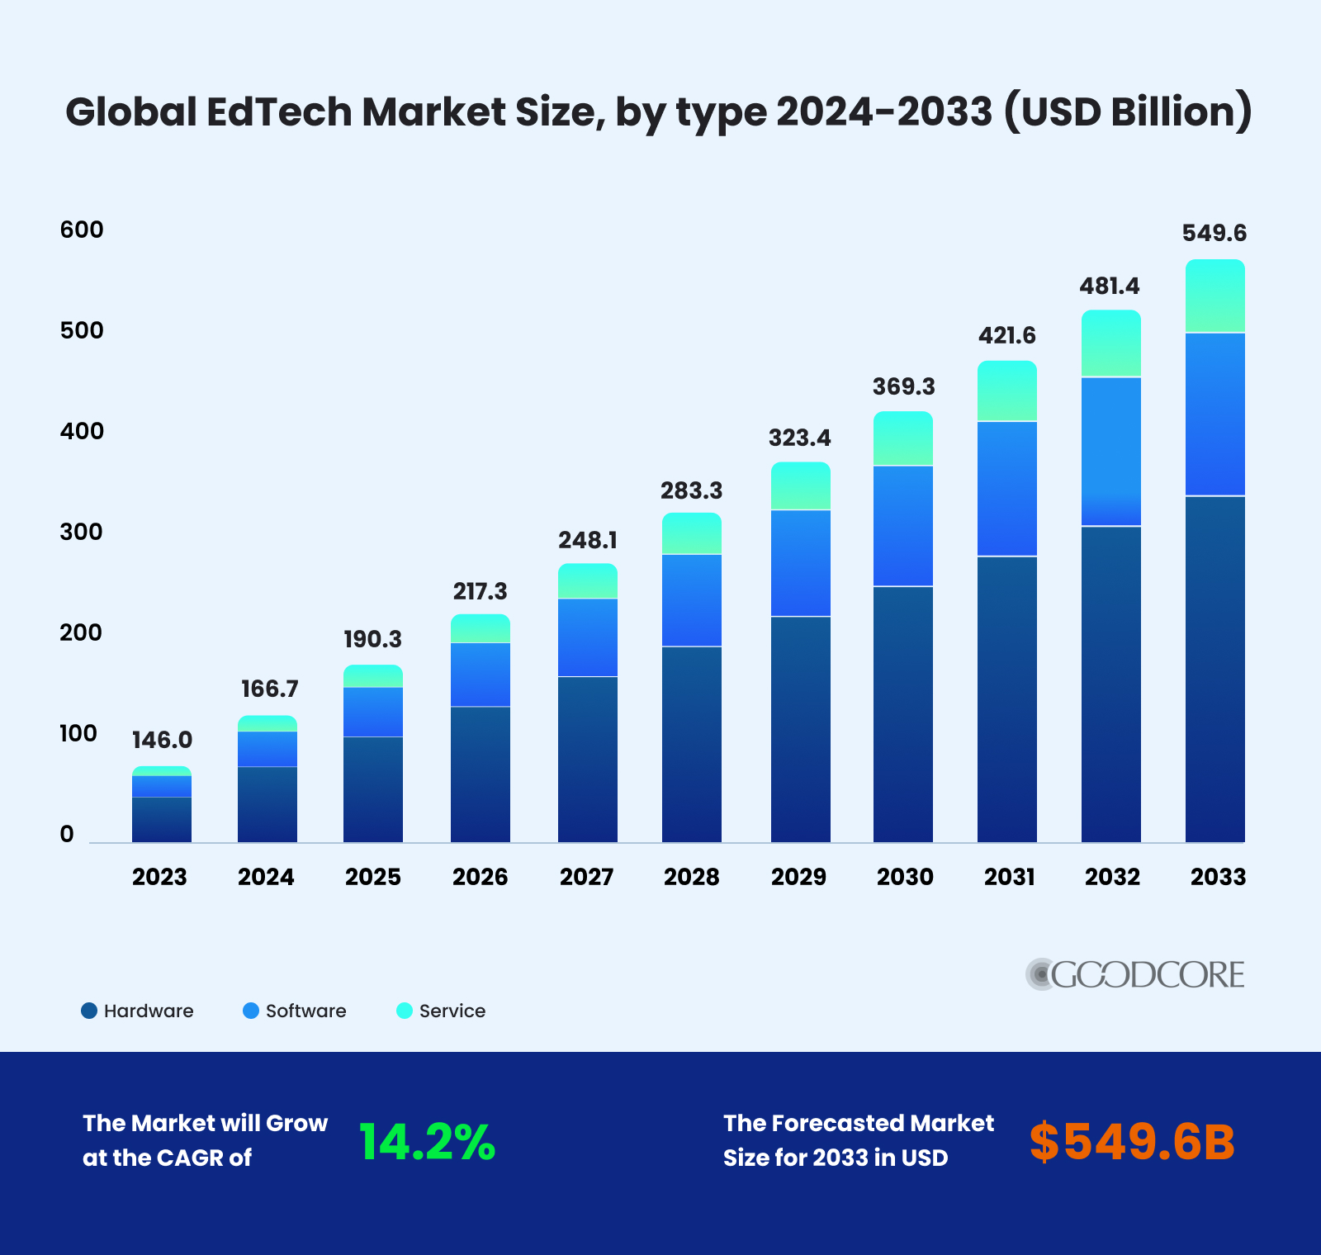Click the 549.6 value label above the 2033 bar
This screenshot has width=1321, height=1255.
pyautogui.click(x=1214, y=234)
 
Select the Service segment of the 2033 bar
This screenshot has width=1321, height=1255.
pyautogui.click(x=1214, y=296)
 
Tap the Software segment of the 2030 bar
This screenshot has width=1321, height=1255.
pyautogui.click(x=903, y=526)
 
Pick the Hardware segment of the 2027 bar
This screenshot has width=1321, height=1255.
pyautogui.click(x=588, y=759)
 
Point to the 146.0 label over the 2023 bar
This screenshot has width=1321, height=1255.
pyautogui.click(x=162, y=740)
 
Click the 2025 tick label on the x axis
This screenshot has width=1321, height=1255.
pyautogui.click(x=373, y=877)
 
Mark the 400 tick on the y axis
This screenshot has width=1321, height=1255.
pyautogui.click(x=82, y=431)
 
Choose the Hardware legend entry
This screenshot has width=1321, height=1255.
pyautogui.click(x=137, y=1011)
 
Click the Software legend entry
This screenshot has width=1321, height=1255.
pyautogui.click(x=295, y=1011)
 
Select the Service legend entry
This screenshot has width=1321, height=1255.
pyautogui.click(x=441, y=1011)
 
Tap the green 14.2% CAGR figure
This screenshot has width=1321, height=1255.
pyautogui.click(x=427, y=1143)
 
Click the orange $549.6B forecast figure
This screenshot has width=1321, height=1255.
pyautogui.click(x=1132, y=1143)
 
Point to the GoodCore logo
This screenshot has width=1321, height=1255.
pyautogui.click(x=1135, y=974)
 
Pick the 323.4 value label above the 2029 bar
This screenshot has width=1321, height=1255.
pyautogui.click(x=799, y=438)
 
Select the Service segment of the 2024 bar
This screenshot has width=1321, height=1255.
pyautogui.click(x=268, y=723)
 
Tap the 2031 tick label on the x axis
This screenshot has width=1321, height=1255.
pyautogui.click(x=1009, y=877)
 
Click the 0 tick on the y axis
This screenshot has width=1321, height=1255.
pyautogui.click(x=67, y=834)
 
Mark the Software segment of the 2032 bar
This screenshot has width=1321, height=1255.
pyautogui.click(x=1111, y=451)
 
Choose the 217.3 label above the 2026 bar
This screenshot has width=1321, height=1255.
pyautogui.click(x=480, y=591)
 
